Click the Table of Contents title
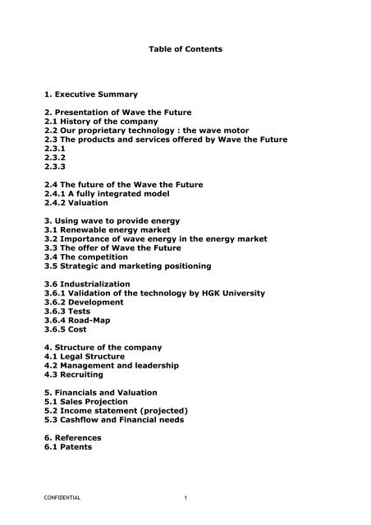pos(185,49)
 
